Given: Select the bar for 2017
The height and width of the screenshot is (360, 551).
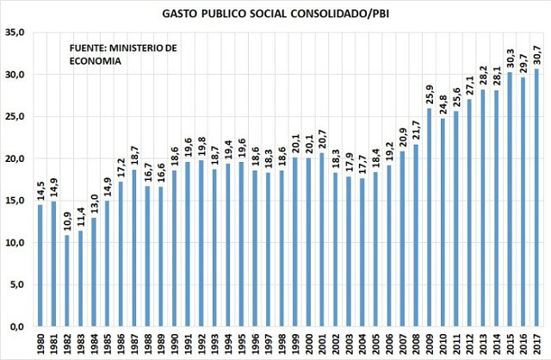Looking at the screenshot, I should click(x=536, y=198).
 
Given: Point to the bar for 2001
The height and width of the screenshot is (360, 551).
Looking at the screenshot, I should click(x=322, y=240).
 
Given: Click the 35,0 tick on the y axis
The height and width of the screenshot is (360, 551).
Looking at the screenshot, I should click(x=15, y=33).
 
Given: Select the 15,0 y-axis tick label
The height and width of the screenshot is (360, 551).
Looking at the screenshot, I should click(x=15, y=202).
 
